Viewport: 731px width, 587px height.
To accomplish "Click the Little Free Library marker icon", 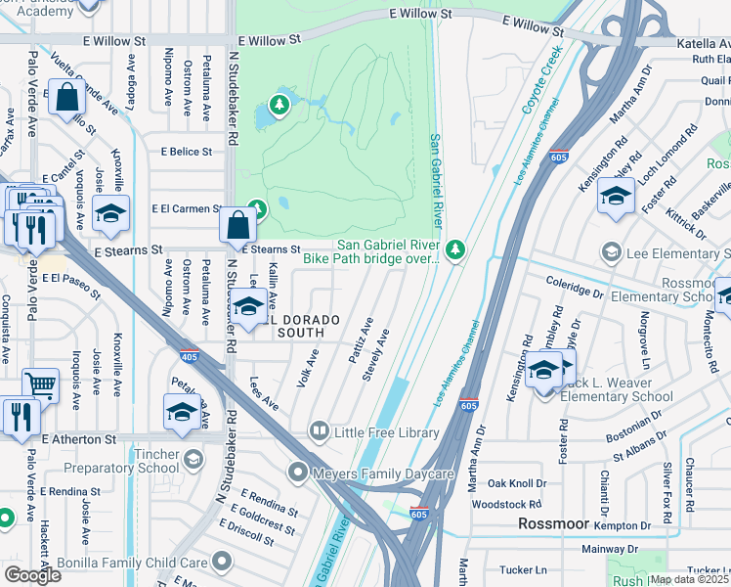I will [x=320, y=430].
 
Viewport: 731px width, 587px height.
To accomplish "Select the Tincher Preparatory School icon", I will [x=193, y=458].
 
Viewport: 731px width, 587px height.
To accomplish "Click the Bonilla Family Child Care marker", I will [x=223, y=562].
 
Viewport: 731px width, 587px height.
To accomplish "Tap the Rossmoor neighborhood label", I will [x=553, y=523].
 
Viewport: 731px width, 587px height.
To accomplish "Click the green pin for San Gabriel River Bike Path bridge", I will [x=453, y=252].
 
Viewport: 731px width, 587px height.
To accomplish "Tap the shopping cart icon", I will [x=40, y=385].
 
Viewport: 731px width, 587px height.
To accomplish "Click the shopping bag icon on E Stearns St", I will [x=237, y=225].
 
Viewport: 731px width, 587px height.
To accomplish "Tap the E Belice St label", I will [x=187, y=152].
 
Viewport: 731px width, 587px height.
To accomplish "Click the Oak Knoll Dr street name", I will [x=517, y=483].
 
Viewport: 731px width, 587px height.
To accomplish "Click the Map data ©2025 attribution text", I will [x=688, y=579].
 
